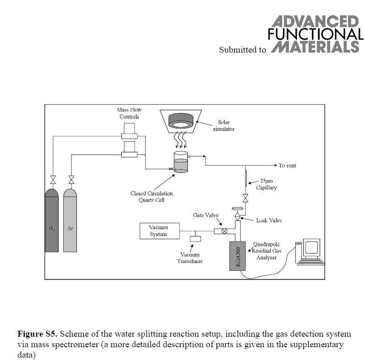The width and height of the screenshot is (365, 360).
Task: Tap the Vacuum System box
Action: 158,231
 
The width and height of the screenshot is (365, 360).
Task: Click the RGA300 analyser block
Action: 237,255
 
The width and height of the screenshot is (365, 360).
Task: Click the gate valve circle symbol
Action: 224,231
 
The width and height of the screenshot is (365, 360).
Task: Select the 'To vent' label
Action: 288,166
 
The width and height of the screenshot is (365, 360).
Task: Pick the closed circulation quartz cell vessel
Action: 181,163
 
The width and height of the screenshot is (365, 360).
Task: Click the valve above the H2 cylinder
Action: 53,178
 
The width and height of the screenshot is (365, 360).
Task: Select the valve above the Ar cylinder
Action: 71,178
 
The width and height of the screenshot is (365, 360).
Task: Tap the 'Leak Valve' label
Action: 269,220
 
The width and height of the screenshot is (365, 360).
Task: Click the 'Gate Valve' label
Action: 206,215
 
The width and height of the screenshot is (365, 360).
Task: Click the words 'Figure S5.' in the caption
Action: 37,334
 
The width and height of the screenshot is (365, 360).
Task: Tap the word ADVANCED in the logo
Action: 315,22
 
